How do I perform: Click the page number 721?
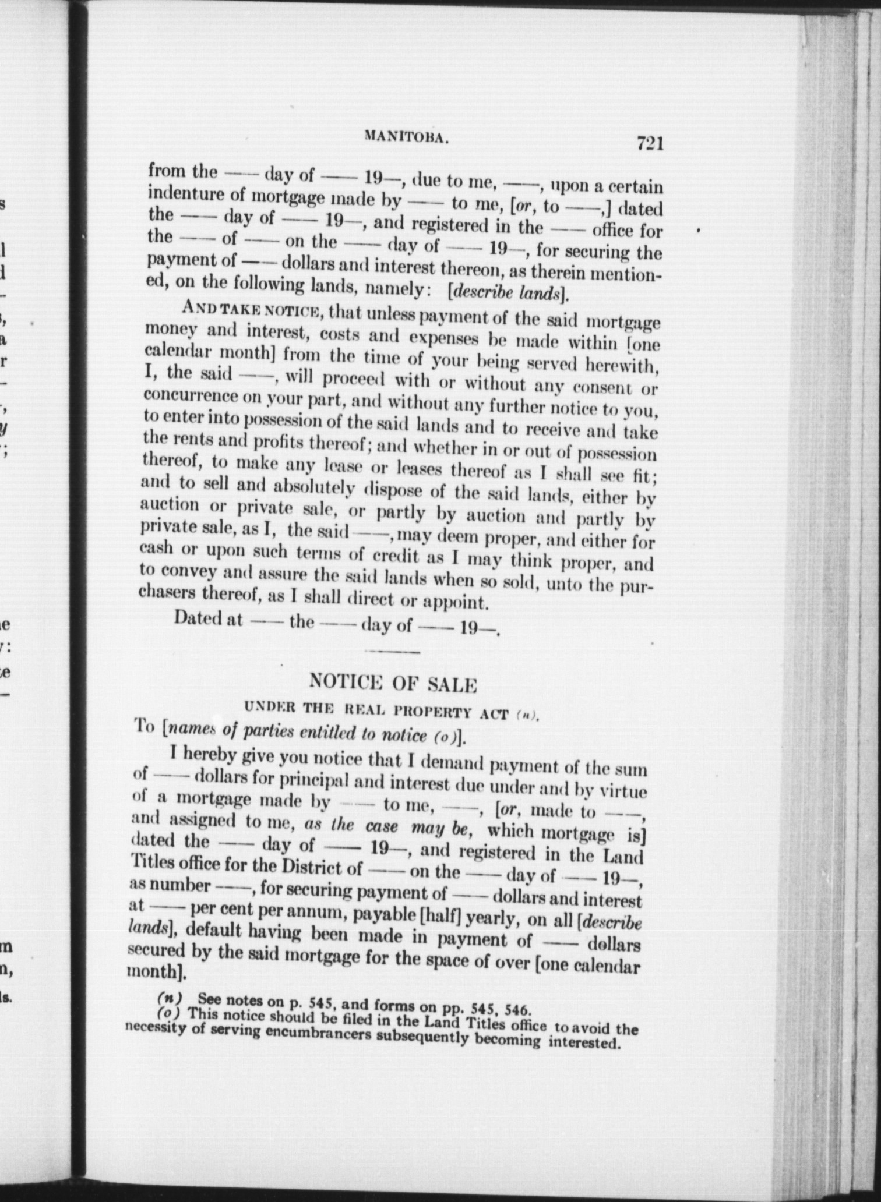[x=650, y=143]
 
